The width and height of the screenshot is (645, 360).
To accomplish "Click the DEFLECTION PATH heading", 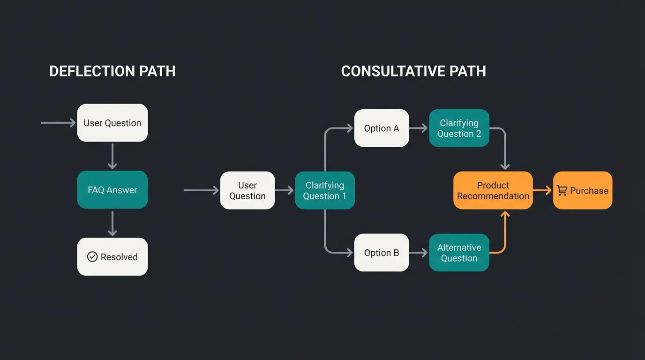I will point(112,71).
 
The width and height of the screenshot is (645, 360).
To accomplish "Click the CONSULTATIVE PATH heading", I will point(413,71).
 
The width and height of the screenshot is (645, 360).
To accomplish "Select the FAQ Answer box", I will point(112,190).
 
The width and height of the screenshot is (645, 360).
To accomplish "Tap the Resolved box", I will point(112,257).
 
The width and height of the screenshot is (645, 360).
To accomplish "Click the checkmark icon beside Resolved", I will point(92,257).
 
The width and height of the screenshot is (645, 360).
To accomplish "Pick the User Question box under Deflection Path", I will point(112,123).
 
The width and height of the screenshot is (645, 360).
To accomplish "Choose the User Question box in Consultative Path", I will point(247,190).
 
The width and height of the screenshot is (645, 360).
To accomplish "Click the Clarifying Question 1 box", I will point(325,190).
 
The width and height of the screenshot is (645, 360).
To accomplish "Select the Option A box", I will point(382,128).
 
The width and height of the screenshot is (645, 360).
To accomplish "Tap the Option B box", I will point(382,253).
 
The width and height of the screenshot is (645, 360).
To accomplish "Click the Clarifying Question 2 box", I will point(459,128).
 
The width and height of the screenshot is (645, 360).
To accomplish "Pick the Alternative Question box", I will point(459,253).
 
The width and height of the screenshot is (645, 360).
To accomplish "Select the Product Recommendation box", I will point(493,190).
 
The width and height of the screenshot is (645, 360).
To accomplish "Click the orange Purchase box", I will point(583,190).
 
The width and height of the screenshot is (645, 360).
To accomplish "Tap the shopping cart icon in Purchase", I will point(562,190).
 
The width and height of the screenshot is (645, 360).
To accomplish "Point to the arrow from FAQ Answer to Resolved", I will point(112,224).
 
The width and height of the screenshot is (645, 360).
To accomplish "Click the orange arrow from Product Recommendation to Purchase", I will point(543,190).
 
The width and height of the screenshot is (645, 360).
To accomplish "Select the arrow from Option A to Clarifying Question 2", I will point(419,128).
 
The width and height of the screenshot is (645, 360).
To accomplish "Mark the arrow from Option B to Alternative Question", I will point(419,253).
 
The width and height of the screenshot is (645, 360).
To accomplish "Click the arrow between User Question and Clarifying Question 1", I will point(285,190).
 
